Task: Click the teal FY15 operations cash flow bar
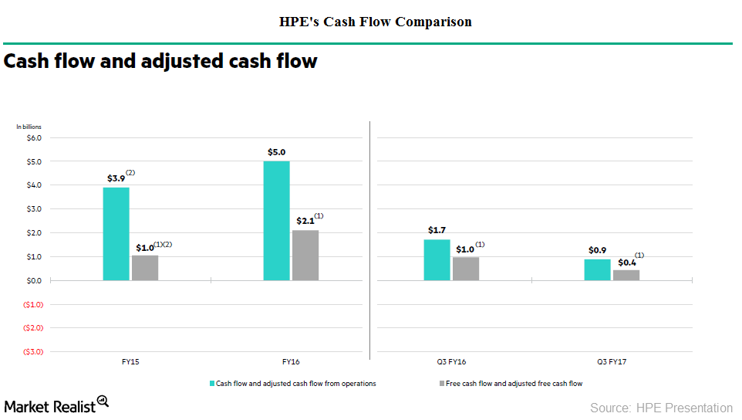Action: pyautogui.click(x=116, y=233)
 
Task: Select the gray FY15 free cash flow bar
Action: pyautogui.click(x=144, y=268)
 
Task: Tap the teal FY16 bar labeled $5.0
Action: pyautogui.click(x=276, y=220)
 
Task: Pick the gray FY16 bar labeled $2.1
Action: pyautogui.click(x=305, y=255)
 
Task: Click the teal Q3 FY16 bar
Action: pyautogui.click(x=437, y=259)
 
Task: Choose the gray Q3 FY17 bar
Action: pyautogui.click(x=626, y=275)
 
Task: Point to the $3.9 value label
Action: pyautogui.click(x=115, y=178)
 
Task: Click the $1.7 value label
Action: pyautogui.click(x=437, y=230)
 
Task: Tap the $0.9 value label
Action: pyautogui.click(x=597, y=250)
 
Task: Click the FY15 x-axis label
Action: pyautogui.click(x=130, y=361)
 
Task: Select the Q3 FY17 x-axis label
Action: pyautogui.click(x=612, y=361)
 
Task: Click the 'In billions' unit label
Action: pyautogui.click(x=29, y=126)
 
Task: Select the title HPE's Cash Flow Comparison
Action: pyautogui.click(x=375, y=22)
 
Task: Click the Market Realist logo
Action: pyautogui.click(x=56, y=405)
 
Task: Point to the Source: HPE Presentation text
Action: pyautogui.click(x=661, y=408)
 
